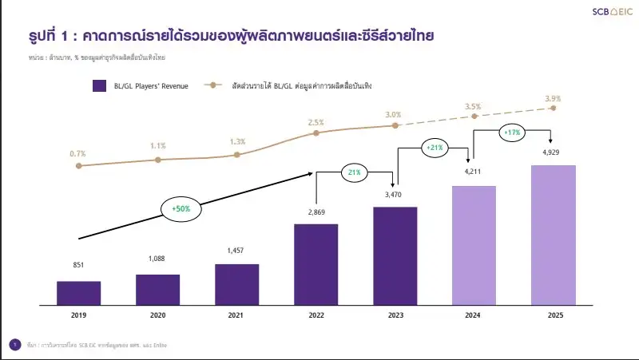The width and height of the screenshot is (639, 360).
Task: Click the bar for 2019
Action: (78, 292)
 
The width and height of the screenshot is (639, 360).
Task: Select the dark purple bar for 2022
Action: (316, 264)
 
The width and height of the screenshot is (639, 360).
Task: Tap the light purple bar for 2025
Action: (553, 235)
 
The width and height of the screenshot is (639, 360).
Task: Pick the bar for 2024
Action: (474, 245)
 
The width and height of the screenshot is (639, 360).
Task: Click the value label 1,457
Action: (236, 251)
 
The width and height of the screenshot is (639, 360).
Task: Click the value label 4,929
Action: (553, 152)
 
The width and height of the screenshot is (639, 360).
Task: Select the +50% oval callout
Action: (181, 209)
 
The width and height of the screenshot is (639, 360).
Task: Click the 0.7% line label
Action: (77, 153)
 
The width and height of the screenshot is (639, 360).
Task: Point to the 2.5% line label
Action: (316, 122)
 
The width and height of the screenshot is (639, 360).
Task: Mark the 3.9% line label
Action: (553, 98)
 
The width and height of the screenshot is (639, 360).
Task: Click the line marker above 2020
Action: (157, 160)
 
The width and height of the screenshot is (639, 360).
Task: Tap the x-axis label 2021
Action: (236, 316)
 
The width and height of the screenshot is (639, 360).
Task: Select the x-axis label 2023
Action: (395, 316)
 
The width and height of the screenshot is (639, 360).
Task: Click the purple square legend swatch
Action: (101, 85)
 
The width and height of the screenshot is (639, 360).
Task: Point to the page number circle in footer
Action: (14, 344)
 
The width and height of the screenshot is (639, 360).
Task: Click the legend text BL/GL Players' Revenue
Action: (152, 85)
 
